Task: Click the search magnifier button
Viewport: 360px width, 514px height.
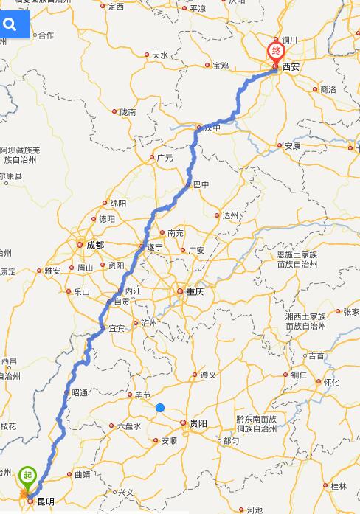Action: pyautogui.click(x=10, y=25)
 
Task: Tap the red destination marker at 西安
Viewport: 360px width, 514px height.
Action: pyautogui.click(x=275, y=52)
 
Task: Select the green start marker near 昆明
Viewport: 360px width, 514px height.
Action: pyautogui.click(x=27, y=476)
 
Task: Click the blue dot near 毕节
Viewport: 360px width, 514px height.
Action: pyautogui.click(x=160, y=408)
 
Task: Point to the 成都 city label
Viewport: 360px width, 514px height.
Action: pyautogui.click(x=95, y=245)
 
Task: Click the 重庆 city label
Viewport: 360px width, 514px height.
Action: pyautogui.click(x=194, y=291)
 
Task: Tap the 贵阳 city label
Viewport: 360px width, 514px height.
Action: pyautogui.click(x=198, y=423)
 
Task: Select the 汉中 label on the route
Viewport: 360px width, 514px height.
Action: pyautogui.click(x=212, y=128)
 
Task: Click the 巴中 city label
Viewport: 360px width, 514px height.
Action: pyautogui.click(x=201, y=185)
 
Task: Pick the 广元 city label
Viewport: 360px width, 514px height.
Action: pyautogui.click(x=165, y=158)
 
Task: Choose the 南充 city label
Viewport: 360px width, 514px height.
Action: pyautogui.click(x=176, y=233)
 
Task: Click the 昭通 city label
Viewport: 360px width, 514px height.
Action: pyautogui.click(x=80, y=393)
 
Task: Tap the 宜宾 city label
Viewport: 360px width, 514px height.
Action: pyautogui.click(x=117, y=328)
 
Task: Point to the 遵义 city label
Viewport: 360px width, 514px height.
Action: pyautogui.click(x=208, y=375)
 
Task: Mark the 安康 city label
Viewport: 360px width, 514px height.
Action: pyautogui.click(x=292, y=146)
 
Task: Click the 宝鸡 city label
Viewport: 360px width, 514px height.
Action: pyautogui.click(x=221, y=66)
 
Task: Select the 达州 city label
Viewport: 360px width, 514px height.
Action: pyautogui.click(x=230, y=216)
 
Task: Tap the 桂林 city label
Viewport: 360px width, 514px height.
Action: pyautogui.click(x=339, y=486)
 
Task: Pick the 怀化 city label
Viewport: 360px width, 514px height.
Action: pyautogui.click(x=331, y=382)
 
